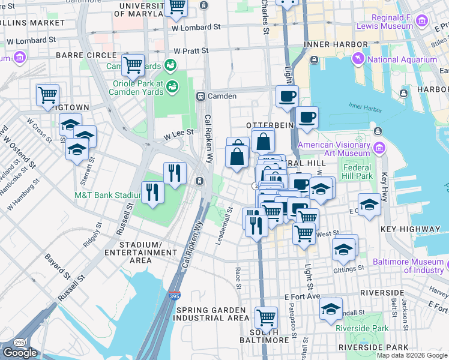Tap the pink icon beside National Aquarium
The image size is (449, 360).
(x=358, y=59)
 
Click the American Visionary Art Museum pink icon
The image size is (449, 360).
(x=379, y=148)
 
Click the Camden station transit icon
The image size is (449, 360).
(x=202, y=97)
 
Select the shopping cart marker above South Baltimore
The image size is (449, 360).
(x=266, y=317)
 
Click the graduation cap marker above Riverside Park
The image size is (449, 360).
(x=331, y=309)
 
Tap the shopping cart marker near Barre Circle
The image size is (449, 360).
(x=133, y=64)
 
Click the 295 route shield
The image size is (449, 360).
(x=20, y=343)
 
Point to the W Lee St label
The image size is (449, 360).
(x=181, y=133)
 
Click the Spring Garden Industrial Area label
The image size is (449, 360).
(x=211, y=314)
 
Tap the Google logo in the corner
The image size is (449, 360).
(x=20, y=353)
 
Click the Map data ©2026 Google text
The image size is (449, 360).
(x=412, y=355)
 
